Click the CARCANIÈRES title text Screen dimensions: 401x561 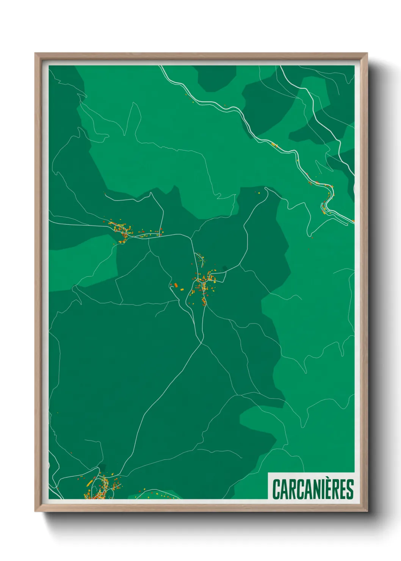(313, 489)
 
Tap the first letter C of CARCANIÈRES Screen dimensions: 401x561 (276, 489)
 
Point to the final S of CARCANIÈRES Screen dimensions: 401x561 (350, 489)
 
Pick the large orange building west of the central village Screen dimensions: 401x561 (175, 284)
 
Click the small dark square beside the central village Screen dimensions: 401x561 (224, 268)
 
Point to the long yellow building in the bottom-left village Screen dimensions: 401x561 (90, 483)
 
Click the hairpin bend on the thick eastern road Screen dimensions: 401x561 (324, 207)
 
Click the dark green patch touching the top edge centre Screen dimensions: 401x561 (217, 78)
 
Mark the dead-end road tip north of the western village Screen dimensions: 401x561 (105, 193)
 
